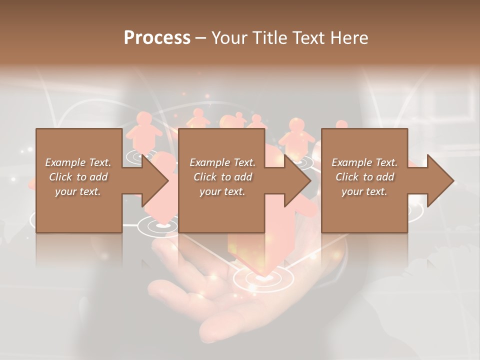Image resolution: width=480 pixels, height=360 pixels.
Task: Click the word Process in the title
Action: pyautogui.click(x=157, y=38)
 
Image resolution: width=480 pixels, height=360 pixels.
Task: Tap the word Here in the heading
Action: pyautogui.click(x=349, y=38)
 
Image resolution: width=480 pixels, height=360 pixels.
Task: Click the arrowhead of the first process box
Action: pyautogui.click(x=153, y=180)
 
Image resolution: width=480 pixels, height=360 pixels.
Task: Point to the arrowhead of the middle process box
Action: pyautogui.click(x=296, y=180)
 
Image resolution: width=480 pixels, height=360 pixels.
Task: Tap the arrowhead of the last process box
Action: pyautogui.click(x=439, y=180)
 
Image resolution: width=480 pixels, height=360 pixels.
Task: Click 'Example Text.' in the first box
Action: pyautogui.click(x=78, y=162)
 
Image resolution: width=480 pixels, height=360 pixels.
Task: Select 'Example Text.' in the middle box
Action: pyautogui.click(x=222, y=162)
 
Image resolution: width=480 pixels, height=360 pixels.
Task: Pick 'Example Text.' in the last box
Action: pyautogui.click(x=364, y=162)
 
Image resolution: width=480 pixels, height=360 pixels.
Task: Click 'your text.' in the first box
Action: pyautogui.click(x=78, y=191)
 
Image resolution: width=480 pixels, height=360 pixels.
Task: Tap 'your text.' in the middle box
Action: pyautogui.click(x=222, y=191)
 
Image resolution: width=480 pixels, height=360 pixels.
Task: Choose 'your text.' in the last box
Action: pyautogui.click(x=364, y=191)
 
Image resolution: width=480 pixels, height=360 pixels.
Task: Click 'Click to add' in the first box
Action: pyautogui.click(x=78, y=177)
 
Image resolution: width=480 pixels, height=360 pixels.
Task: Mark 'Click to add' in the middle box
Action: pyautogui.click(x=222, y=177)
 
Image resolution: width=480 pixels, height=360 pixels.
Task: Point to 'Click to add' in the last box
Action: pyautogui.click(x=364, y=177)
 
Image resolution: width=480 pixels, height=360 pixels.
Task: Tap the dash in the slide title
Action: pyautogui.click(x=201, y=38)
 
